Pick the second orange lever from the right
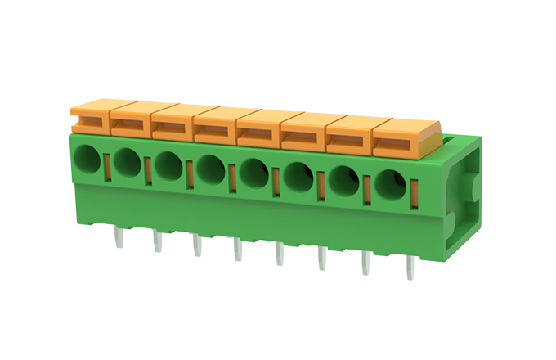tap(350, 133)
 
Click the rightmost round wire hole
tap(391, 184)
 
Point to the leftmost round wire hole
tap(87, 160)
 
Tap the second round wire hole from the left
tap(127, 163)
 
